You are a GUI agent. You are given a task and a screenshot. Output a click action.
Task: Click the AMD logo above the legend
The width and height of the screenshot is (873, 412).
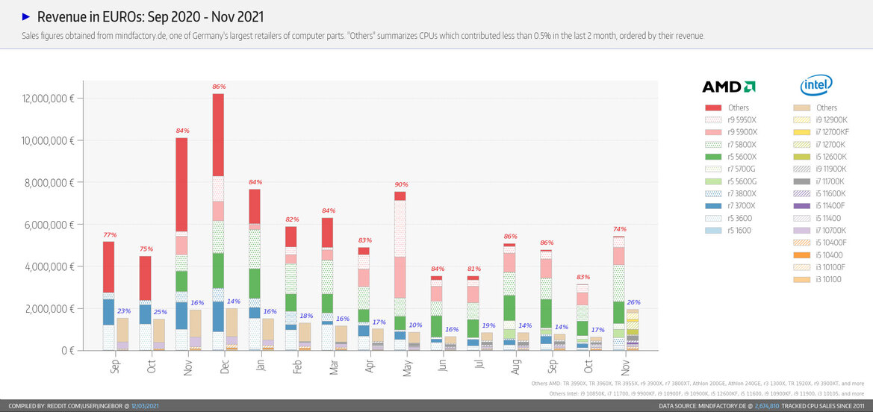coord(729,87)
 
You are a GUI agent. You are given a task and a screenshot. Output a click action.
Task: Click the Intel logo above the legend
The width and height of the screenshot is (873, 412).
coord(816,86)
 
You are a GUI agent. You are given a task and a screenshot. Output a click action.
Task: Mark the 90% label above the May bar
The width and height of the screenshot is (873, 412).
coord(401,184)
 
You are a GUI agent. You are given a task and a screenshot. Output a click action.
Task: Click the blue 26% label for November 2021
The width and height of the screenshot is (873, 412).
coord(634,302)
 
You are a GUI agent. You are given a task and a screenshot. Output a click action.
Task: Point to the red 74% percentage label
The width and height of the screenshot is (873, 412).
coord(619,229)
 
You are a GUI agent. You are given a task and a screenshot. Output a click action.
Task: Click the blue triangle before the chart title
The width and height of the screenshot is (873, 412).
coord(26,16)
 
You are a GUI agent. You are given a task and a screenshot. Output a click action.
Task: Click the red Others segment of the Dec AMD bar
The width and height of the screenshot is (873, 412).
coord(218,134)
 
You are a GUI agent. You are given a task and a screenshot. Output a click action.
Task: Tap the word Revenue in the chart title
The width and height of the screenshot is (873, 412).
coord(60,16)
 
